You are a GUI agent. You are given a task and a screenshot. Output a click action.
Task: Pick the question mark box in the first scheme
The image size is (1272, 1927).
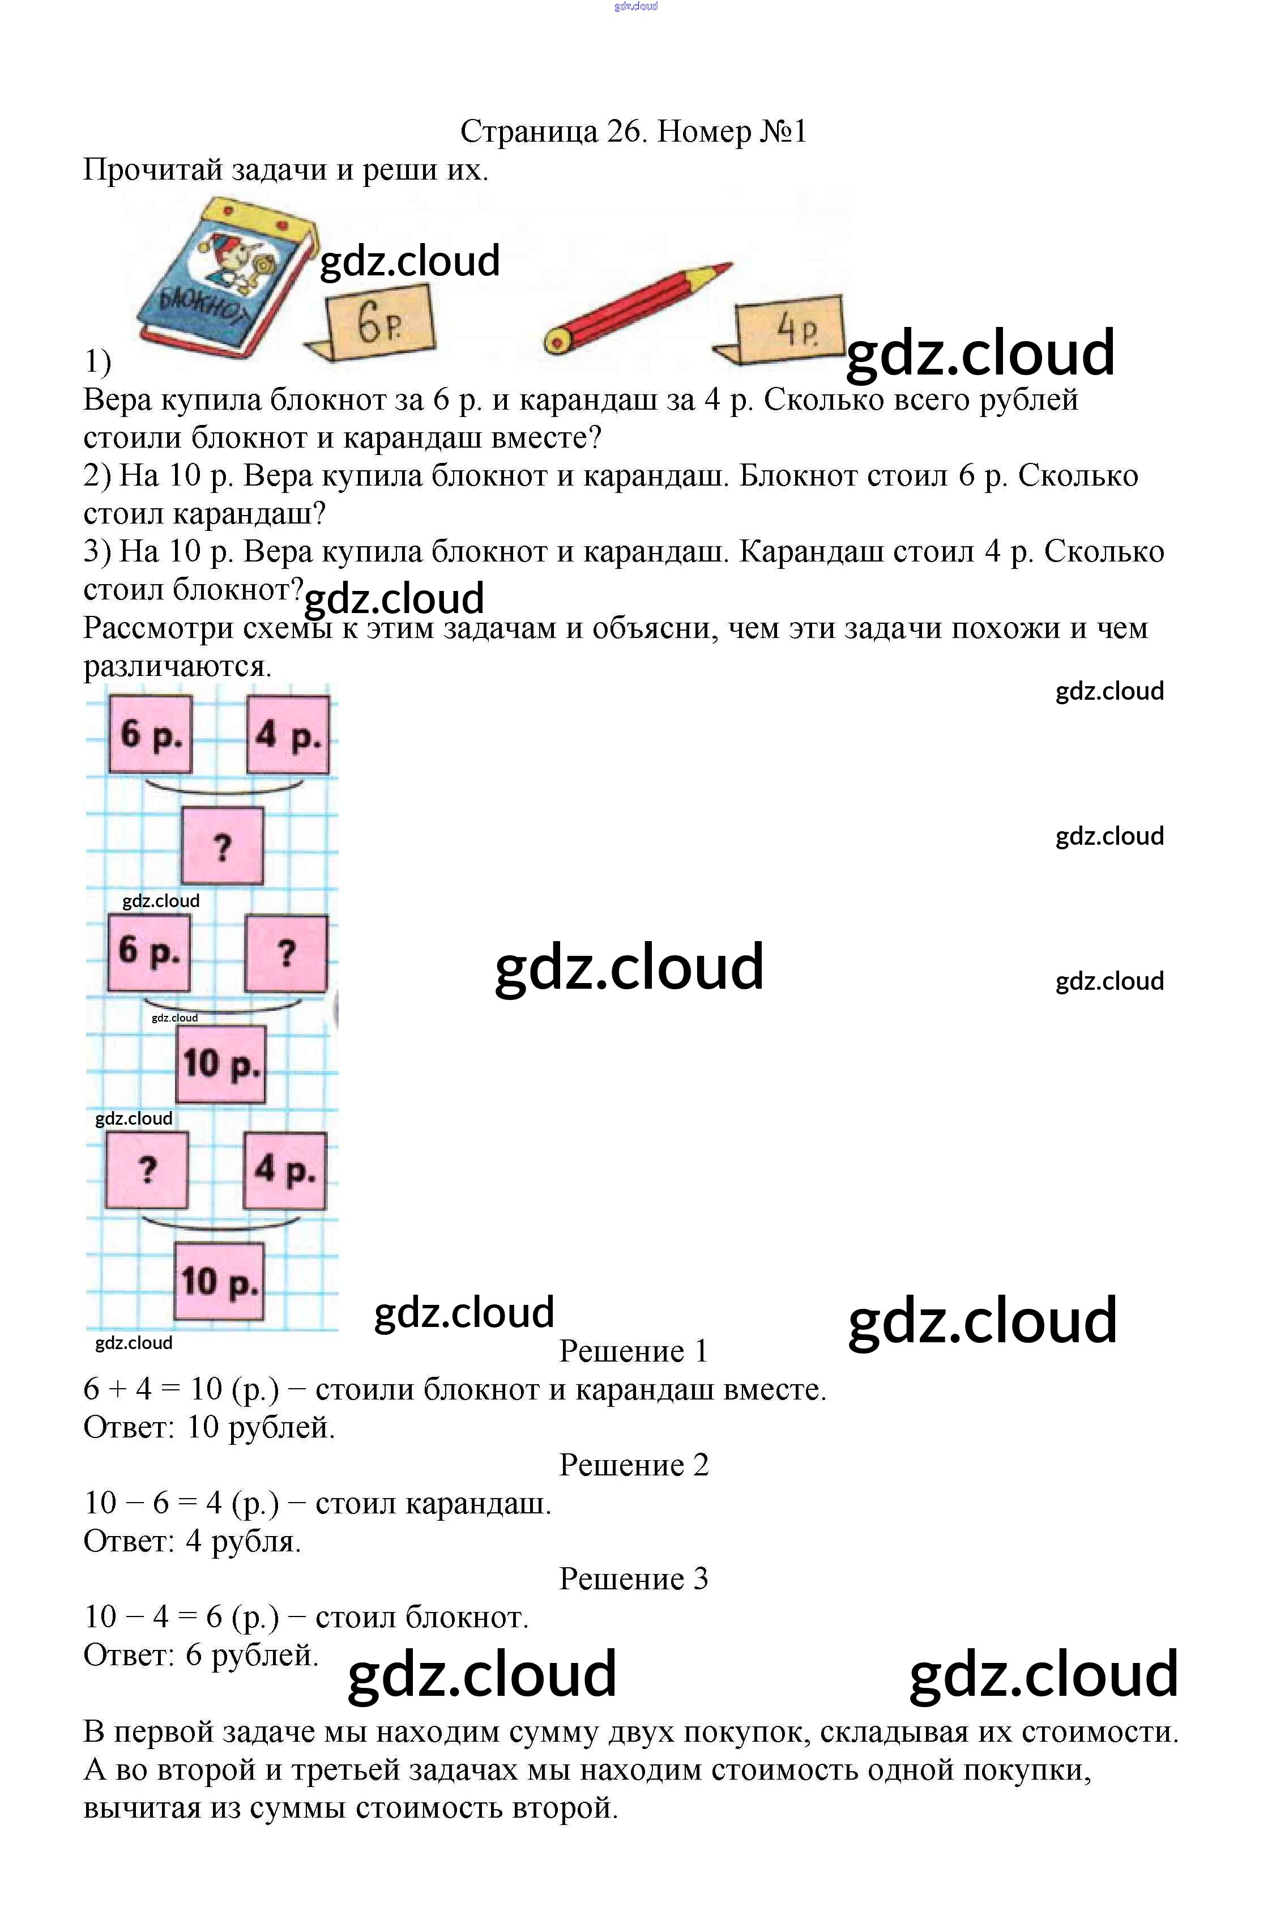[221, 845]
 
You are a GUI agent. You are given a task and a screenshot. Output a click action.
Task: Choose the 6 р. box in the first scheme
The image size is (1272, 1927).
[151, 734]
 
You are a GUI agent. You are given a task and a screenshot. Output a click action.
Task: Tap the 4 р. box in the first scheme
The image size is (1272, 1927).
[289, 734]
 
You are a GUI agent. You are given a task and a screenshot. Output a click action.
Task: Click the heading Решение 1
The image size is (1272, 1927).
[634, 1351]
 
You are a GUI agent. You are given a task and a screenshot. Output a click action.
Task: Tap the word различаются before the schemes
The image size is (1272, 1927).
[177, 666]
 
